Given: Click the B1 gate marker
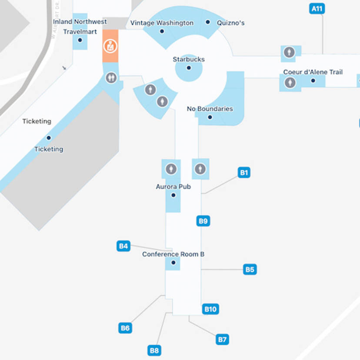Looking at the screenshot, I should point(244,173).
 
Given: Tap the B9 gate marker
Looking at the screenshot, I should point(203,221).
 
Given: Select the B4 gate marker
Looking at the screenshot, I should point(124,246).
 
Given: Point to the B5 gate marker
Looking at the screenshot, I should point(250,270).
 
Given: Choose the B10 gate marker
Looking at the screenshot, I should point(210,309).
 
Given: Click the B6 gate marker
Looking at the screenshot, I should point(125,328).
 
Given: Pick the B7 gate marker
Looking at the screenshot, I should point(222,339).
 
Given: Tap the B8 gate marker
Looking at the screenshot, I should point(154,350).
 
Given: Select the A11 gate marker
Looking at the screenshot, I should point(317,9).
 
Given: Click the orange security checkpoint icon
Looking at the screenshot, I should point(110,45).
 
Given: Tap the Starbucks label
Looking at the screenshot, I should point(189,59).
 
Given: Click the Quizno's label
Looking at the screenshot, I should point(230,23).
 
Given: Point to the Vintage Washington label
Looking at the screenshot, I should point(162,23).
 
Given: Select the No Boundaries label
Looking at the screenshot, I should point(210,109).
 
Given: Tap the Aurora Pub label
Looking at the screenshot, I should point(173,187).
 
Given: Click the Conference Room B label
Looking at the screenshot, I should point(173,254).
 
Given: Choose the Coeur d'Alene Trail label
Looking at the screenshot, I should point(313,72).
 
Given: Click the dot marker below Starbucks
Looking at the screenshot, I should point(189,68).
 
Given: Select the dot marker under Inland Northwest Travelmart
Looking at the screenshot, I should point(80,40).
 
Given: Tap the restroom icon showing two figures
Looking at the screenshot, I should point(111,78).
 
